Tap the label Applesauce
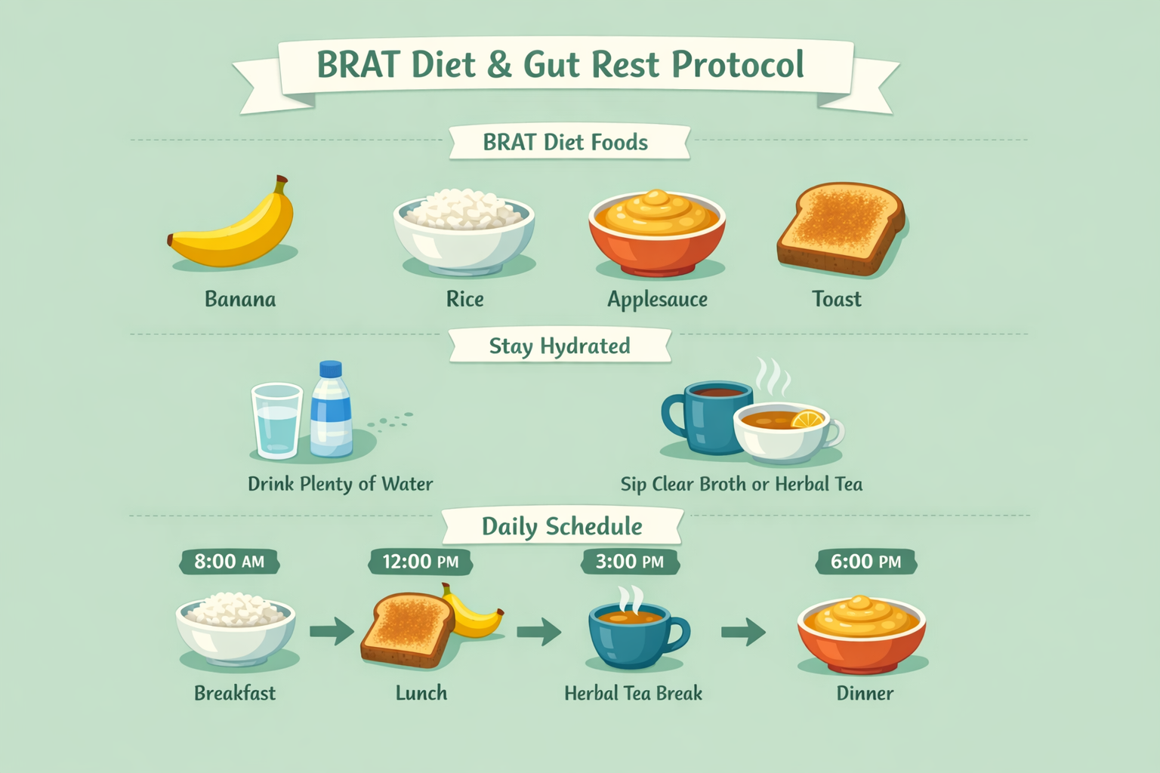[657, 300]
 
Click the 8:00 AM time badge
[230, 562]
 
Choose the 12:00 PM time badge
[421, 562]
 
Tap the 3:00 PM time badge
[630, 562]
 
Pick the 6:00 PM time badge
[865, 562]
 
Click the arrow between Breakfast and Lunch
[332, 630]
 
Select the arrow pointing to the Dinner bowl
[743, 630]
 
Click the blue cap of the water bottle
[331, 369]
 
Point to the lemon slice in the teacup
[807, 419]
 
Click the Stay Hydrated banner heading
[559, 346]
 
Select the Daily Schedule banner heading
[562, 526]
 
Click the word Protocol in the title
[738, 65]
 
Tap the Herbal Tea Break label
[633, 693]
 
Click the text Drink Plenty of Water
[340, 484]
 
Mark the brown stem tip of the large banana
[281, 181]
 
